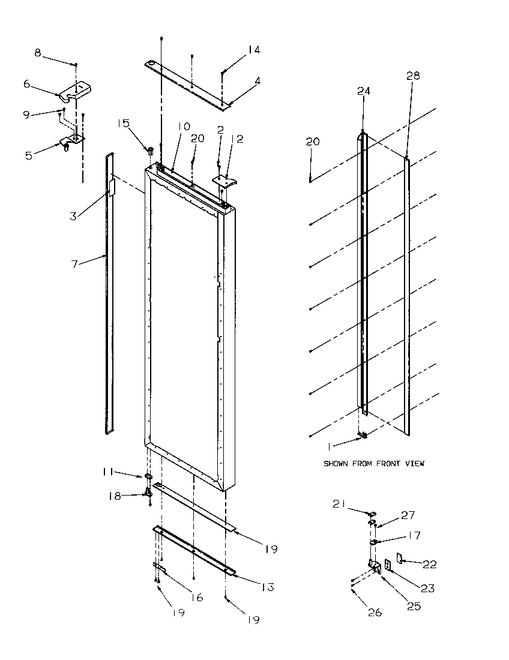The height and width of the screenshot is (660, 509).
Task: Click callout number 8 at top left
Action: [38, 53]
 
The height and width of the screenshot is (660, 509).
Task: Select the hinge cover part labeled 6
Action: [75, 91]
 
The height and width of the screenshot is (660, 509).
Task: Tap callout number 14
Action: [254, 50]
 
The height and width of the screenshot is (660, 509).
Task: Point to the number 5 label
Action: [28, 155]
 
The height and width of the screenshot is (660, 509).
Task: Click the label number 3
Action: [73, 216]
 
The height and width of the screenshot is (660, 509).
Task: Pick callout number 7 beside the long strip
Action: [76, 264]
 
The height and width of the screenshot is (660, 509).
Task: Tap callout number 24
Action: [364, 91]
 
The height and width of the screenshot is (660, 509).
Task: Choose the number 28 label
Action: [413, 76]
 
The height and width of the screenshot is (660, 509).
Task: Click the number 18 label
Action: [114, 496]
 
